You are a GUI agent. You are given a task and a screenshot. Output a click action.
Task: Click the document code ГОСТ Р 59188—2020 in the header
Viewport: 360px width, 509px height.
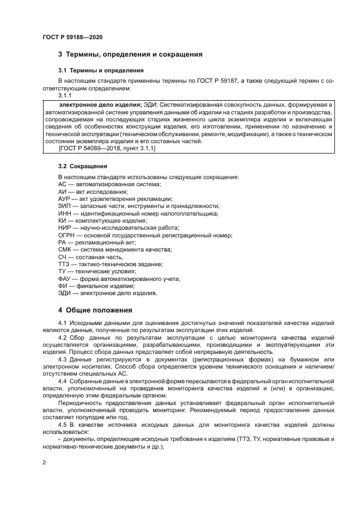tap(72, 37)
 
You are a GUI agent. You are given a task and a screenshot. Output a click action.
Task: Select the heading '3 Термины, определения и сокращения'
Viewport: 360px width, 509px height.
tap(130, 54)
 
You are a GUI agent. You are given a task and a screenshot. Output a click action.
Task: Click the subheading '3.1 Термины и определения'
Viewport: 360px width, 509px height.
tap(101, 70)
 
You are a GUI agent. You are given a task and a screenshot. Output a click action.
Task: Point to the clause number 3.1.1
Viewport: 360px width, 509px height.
tap(65, 95)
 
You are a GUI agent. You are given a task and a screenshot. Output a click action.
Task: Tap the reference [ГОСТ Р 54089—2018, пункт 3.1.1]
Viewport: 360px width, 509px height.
tap(107, 148)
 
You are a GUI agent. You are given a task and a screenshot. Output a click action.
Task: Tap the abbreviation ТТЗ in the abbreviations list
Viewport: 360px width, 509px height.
tap(65, 264)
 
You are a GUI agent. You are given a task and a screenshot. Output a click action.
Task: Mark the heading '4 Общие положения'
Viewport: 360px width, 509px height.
tap(95, 311)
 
